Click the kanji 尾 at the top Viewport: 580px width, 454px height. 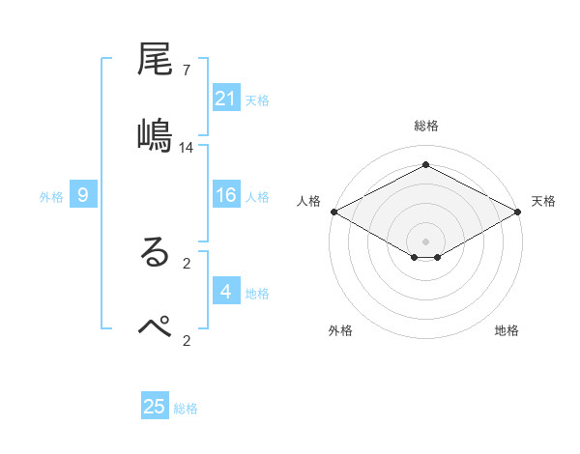point(156,62)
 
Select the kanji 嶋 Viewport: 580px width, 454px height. point(156,134)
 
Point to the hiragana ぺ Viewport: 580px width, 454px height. point(156,326)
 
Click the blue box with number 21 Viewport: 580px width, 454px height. point(226,99)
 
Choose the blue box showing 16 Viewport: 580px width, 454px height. point(226,196)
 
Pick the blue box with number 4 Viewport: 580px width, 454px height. point(226,293)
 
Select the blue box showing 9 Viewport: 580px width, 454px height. point(83,196)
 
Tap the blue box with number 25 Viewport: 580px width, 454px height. point(155,407)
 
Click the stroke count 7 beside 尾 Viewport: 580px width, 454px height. point(187,71)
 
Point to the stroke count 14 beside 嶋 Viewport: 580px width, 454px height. point(187,148)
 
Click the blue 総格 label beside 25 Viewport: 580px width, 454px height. point(186,409)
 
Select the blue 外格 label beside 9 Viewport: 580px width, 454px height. point(51,197)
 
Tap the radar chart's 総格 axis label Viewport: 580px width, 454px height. point(425,126)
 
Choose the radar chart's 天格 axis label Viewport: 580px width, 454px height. point(543,201)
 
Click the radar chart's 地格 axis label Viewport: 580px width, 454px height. point(507,330)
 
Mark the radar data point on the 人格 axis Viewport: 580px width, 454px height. point(333,211)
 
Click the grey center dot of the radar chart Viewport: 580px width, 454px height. point(426,241)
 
